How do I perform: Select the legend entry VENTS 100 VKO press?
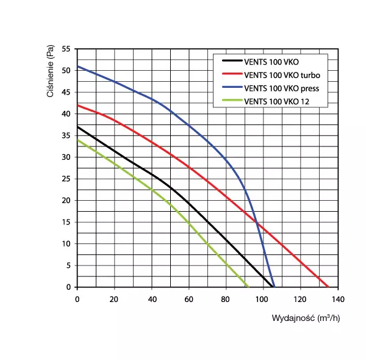pyautogui.click(x=281, y=88)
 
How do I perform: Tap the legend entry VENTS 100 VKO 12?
pyautogui.click(x=276, y=102)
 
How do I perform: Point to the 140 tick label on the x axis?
pyautogui.click(x=337, y=299)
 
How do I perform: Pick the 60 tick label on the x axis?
pyautogui.click(x=188, y=299)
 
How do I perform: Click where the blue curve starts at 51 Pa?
pyautogui.click(x=77, y=66)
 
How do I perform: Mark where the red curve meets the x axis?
pyautogui.click(x=328, y=287)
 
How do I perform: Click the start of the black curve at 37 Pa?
pyautogui.click(x=77, y=126)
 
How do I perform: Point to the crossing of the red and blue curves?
pyautogui.click(x=257, y=223)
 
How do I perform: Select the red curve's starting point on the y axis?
pyautogui.click(x=77, y=105)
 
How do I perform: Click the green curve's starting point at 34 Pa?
pyautogui.click(x=77, y=140)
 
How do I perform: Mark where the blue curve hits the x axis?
pyautogui.click(x=274, y=287)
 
